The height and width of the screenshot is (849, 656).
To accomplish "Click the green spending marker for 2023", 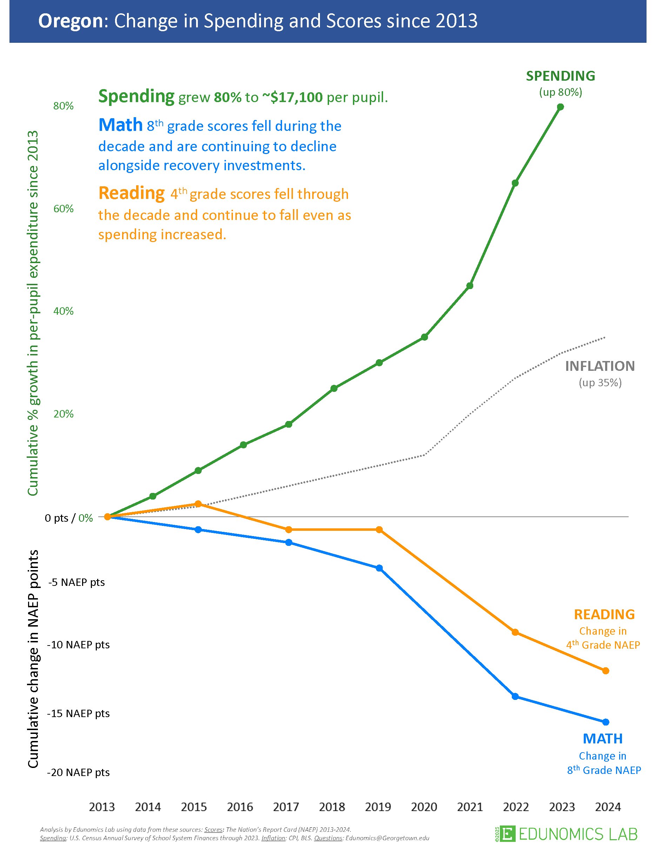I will tap(560, 107).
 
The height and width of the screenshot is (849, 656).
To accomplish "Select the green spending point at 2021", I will tap(469, 286).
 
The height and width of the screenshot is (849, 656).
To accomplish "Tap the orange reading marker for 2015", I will tap(198, 504).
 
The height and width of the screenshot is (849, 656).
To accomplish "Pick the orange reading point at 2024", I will tap(605, 670).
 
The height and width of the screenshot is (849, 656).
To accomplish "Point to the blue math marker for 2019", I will tap(379, 568).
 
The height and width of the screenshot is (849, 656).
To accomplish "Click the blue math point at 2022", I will tap(515, 696).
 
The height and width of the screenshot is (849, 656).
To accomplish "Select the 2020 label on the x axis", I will tap(424, 807).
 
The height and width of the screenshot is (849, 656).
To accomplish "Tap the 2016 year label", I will tap(240, 807).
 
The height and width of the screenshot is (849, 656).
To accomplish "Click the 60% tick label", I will tap(63, 209).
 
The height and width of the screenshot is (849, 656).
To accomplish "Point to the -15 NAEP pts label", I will tap(78, 713).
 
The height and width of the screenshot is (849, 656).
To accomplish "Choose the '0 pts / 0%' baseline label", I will tap(69, 518).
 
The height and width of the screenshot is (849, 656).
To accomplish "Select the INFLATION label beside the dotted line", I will tap(600, 366).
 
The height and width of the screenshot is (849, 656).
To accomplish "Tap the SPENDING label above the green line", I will tap(560, 76).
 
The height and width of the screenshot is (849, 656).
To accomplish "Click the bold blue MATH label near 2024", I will tap(602, 738).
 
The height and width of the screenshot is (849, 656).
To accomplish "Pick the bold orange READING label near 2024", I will tap(604, 614).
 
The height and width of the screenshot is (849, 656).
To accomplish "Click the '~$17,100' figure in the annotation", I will tap(292, 97).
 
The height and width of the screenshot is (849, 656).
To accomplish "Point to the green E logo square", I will tap(507, 834).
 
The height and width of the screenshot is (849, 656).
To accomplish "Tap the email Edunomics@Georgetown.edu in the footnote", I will tap(387, 838).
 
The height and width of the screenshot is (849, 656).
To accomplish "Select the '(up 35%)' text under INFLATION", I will tap(600, 383).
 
